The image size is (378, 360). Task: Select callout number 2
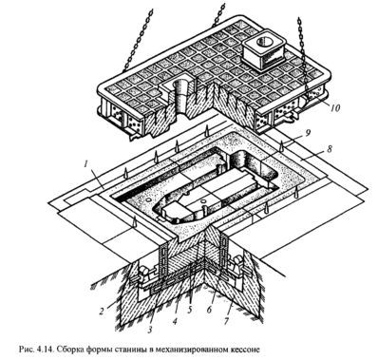[x=101, y=312]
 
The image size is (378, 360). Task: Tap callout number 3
[x=150, y=330]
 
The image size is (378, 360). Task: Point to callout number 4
[x=174, y=321]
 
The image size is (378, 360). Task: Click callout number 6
[x=209, y=310]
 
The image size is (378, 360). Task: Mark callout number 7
[x=226, y=321]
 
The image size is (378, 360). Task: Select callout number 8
[x=330, y=149]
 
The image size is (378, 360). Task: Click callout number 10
[x=334, y=108]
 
